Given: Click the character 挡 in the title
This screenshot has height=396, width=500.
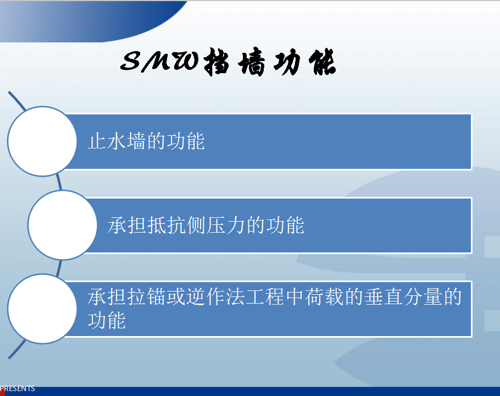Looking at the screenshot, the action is [x=216, y=62].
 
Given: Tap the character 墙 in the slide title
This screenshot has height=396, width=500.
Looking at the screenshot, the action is [x=252, y=62].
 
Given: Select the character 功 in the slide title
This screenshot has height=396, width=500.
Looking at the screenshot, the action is [x=287, y=62].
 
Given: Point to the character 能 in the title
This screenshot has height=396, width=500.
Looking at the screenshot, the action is [x=322, y=62].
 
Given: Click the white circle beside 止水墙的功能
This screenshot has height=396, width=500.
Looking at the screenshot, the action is [x=42, y=141].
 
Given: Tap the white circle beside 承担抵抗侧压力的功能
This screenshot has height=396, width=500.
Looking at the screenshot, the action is [x=63, y=225].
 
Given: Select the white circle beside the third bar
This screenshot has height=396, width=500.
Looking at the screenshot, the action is [x=42, y=309].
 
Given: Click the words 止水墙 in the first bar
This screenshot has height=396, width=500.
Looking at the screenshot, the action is [x=117, y=141].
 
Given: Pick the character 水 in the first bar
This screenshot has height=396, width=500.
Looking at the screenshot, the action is [x=117, y=141].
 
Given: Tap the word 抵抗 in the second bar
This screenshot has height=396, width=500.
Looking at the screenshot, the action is [x=167, y=225].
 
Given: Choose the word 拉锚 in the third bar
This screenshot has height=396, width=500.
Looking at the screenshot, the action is [x=146, y=296].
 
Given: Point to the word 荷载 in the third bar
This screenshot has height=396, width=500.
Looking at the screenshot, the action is [x=325, y=296].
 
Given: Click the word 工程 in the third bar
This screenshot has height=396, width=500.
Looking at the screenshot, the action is [x=265, y=296].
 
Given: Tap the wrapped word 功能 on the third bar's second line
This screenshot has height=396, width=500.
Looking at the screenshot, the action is [x=107, y=320].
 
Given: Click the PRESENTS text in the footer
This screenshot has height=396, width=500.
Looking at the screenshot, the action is [x=18, y=388].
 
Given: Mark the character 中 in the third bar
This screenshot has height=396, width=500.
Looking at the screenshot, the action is [x=295, y=296].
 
